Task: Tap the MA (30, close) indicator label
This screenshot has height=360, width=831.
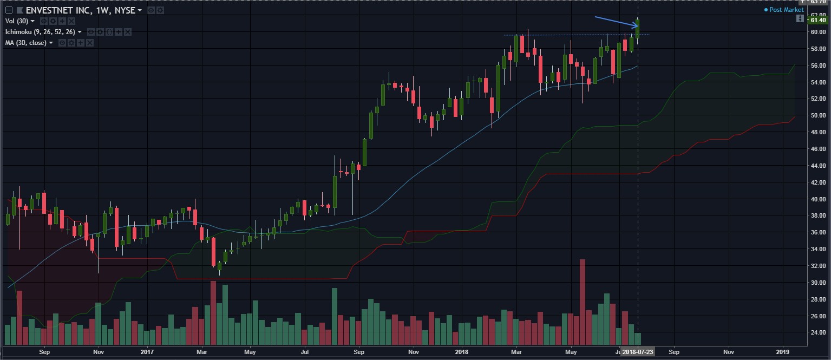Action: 27,42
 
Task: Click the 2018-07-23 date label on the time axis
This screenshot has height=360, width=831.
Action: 638,351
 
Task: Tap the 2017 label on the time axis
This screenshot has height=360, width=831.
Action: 147,351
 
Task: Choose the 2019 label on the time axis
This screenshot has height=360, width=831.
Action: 783,351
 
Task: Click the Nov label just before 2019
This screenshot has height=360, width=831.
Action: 728,351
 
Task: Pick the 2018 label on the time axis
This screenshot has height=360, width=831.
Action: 461,351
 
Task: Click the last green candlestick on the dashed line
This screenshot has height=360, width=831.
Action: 638,29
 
